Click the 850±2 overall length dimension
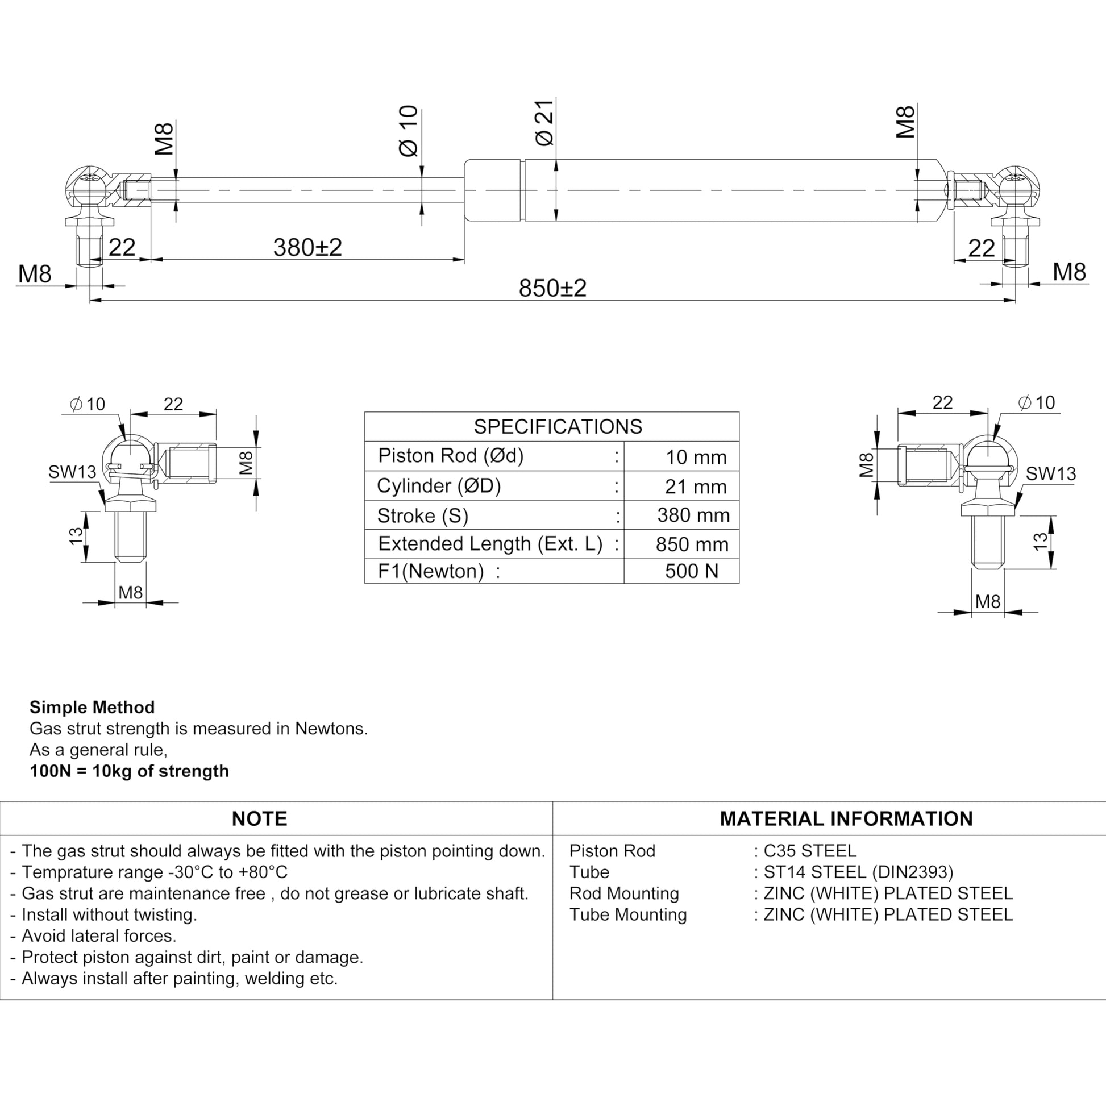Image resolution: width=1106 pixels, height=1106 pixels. pos(552,288)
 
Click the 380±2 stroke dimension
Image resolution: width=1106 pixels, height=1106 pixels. pos(307,248)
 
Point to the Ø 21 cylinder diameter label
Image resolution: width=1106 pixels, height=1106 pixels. pos(544,122)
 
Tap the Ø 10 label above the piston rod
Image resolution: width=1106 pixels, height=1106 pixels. pos(409,131)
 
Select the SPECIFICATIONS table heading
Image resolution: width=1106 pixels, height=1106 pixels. pos(558,426)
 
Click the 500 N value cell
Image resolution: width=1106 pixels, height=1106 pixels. pos(691,571)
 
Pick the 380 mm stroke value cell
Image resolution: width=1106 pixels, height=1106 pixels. pos(693,515)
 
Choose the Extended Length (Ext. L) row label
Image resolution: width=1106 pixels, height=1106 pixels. pos(490,543)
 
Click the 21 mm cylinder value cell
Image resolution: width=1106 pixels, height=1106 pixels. pos(695,487)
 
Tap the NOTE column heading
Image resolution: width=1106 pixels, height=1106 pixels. pos(259,818)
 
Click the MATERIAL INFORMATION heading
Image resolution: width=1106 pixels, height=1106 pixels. pos(846,818)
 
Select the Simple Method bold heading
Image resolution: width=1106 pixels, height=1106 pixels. pos(92,707)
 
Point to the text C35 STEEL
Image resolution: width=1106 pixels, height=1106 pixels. pos(809,851)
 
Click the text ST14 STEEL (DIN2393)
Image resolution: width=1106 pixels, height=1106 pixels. pos(858,872)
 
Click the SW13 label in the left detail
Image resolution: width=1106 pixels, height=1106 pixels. pos(72,472)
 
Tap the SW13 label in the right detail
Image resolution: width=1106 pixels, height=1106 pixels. pos(1050,473)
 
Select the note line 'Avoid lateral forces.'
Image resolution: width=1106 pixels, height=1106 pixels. pos(98,935)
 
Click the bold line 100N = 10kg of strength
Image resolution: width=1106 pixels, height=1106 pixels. pos(130,771)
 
